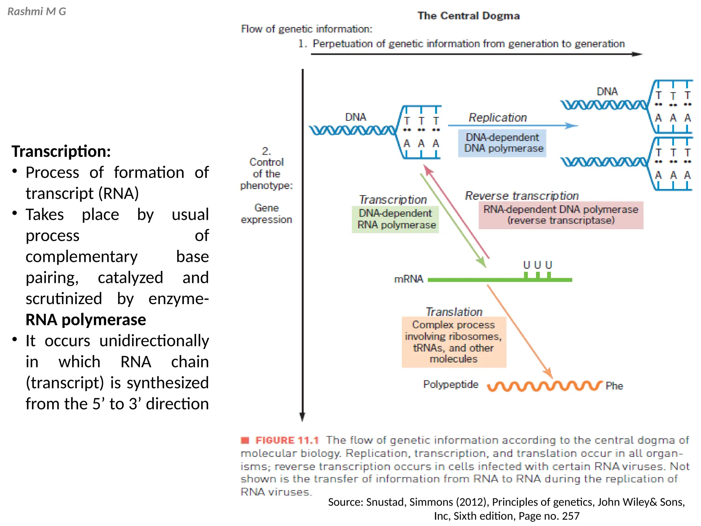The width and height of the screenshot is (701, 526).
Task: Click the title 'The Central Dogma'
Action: pyautogui.click(x=468, y=16)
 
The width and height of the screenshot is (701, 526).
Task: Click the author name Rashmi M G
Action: pyautogui.click(x=37, y=12)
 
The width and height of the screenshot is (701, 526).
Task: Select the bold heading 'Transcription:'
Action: pyautogui.click(x=61, y=151)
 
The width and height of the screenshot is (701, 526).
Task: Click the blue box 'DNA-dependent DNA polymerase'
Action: pyautogui.click(x=502, y=143)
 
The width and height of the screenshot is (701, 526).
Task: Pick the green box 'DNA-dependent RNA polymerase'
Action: pyautogui.click(x=395, y=219)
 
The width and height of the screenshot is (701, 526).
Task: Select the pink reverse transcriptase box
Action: pyautogui.click(x=561, y=215)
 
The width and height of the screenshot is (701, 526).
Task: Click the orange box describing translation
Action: pyautogui.click(x=454, y=342)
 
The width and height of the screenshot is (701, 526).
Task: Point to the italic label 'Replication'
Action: pyautogui.click(x=497, y=117)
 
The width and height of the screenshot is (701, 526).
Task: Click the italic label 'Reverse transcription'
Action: pyautogui.click(x=522, y=196)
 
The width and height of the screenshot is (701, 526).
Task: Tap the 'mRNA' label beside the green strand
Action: pyautogui.click(x=408, y=279)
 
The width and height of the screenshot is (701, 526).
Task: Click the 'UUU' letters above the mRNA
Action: pyautogui.click(x=537, y=265)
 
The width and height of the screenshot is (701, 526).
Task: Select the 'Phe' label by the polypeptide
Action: pyautogui.click(x=614, y=386)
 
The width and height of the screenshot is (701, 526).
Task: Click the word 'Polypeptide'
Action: pyautogui.click(x=450, y=384)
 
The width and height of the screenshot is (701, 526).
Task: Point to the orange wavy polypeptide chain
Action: pyautogui.click(x=544, y=386)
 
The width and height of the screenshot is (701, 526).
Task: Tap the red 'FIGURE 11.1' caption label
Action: pyautogui.click(x=287, y=440)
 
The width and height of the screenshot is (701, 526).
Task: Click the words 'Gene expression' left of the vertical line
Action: pyautogui.click(x=266, y=214)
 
